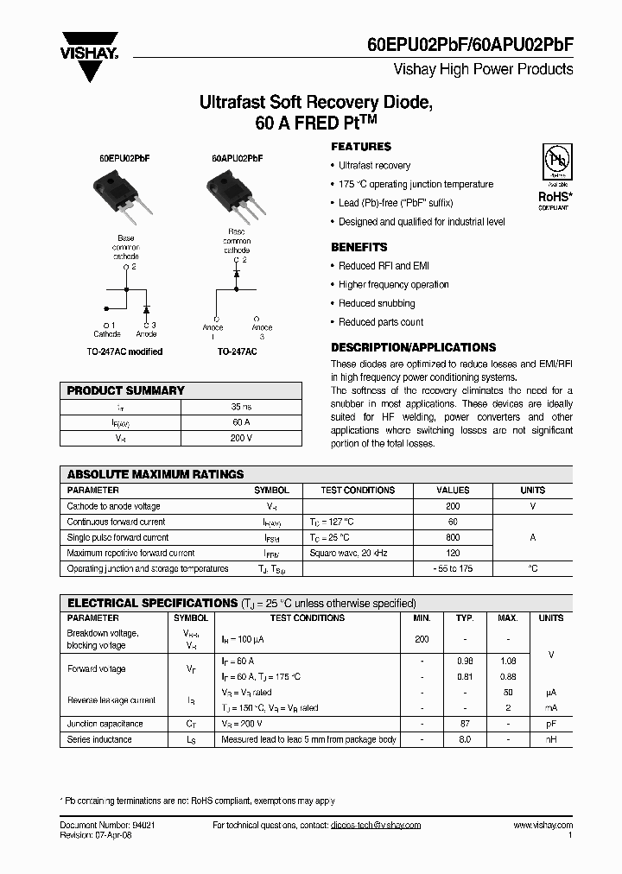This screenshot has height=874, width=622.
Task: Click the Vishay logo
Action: pyautogui.click(x=88, y=54)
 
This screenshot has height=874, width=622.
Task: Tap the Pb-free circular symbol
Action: pyautogui.click(x=555, y=161)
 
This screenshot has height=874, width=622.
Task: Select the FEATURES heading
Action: pyautogui.click(x=361, y=147)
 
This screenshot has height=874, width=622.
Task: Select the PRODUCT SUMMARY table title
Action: pyautogui.click(x=126, y=390)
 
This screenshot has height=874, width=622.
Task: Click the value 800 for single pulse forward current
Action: pyautogui.click(x=453, y=537)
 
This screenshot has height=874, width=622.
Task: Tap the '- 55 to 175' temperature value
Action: pyautogui.click(x=453, y=568)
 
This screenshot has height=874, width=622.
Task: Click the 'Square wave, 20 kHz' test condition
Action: pyautogui.click(x=349, y=553)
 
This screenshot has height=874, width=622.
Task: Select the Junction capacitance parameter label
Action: pyautogui.click(x=105, y=724)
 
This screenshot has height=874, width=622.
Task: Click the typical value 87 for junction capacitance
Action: pyautogui.click(x=465, y=724)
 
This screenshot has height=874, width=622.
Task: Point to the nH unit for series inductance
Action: pyautogui.click(x=550, y=739)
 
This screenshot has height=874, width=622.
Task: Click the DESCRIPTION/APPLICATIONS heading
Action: pyautogui.click(x=414, y=347)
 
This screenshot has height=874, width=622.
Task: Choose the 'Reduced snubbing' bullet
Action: pyautogui.click(x=377, y=303)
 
